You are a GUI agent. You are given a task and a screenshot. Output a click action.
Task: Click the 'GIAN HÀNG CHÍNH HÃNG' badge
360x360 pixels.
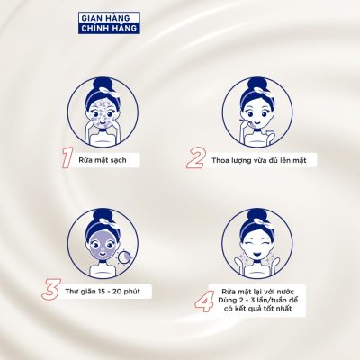point(109,22)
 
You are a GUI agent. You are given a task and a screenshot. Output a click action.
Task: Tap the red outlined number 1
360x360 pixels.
point(67,159)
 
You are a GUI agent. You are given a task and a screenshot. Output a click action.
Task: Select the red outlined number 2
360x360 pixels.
point(195,159)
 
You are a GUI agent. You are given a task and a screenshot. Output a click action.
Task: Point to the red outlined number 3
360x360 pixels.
point(51,289)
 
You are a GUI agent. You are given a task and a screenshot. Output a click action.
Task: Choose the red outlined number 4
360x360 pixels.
point(204,301)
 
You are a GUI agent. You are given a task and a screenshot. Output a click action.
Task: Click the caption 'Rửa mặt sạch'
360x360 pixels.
point(103,160)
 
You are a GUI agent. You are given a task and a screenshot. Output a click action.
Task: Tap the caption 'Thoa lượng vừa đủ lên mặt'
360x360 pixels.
point(259,160)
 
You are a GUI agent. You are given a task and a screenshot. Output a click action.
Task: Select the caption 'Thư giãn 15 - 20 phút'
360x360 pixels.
point(103,292)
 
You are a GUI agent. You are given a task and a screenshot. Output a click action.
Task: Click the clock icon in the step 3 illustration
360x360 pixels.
point(124,256)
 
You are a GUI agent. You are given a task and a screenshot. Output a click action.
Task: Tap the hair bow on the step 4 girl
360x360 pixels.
point(261,221)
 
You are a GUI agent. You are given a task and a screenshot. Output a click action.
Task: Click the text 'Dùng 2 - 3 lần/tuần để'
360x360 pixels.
point(258,300)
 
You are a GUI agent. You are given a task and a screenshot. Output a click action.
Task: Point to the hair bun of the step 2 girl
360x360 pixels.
point(257,84)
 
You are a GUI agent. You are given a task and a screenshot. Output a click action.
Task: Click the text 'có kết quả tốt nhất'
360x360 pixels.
point(258,309)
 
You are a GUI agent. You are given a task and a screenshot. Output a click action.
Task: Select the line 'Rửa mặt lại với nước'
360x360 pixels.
point(258,292)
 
